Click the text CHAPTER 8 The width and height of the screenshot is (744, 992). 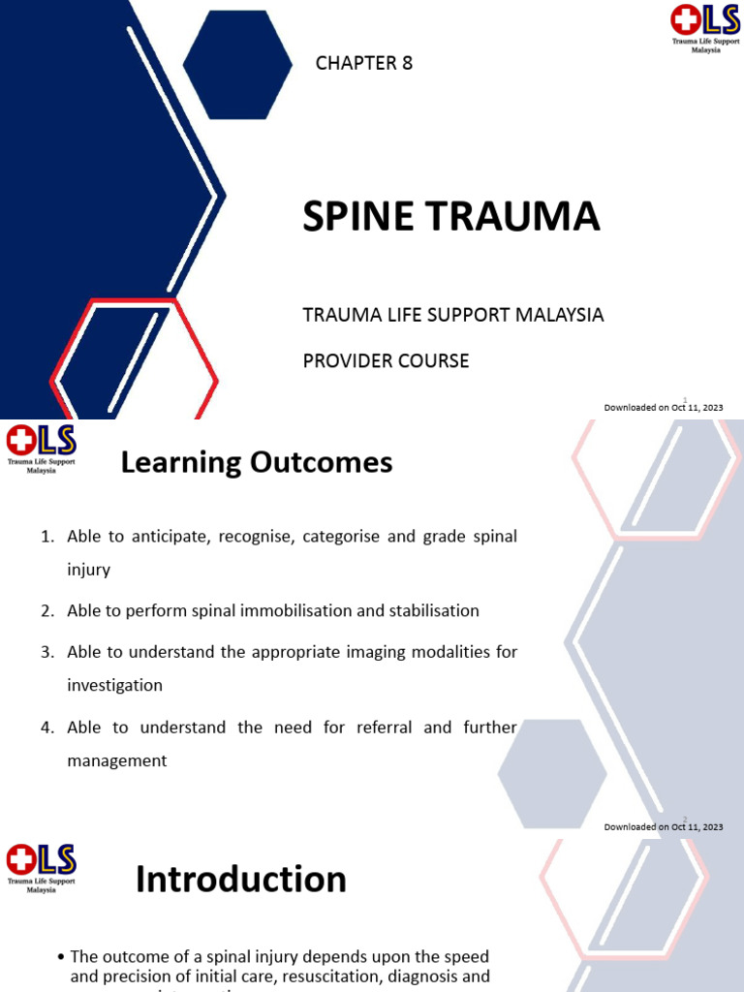[363, 64]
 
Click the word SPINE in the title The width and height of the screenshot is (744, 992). [357, 217]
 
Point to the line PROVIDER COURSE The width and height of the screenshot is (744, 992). [386, 360]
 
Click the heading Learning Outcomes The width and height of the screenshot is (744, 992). [256, 463]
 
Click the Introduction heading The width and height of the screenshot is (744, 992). [240, 880]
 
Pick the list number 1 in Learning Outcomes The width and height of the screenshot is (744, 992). [46, 537]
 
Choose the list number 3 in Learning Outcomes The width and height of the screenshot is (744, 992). [46, 652]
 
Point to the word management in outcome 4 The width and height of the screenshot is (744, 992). [116, 761]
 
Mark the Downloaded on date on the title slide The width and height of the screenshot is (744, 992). [663, 408]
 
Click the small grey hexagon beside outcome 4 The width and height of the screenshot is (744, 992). [552, 774]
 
